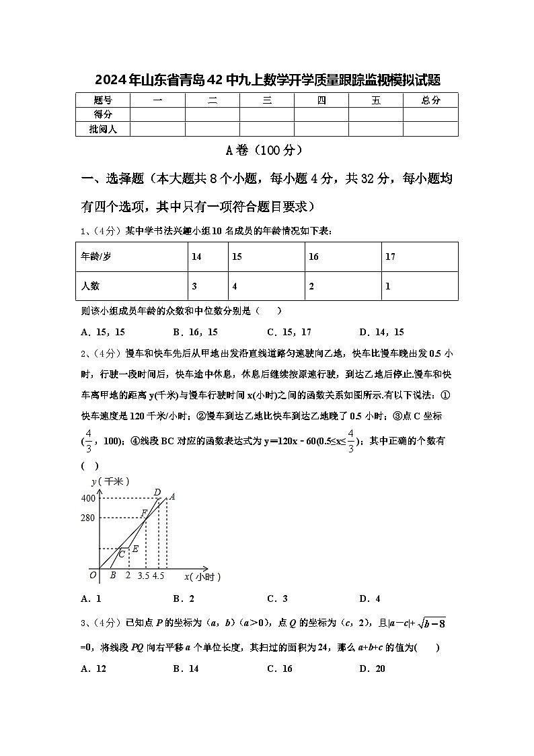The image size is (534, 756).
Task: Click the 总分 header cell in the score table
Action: [x=430, y=100]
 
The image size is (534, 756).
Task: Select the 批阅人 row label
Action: [x=103, y=129]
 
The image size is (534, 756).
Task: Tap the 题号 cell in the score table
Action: [x=103, y=100]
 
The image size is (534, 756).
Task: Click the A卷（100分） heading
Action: [x=267, y=150]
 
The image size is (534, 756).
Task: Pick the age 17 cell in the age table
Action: [x=390, y=256]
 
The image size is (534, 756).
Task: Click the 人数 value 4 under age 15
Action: [x=235, y=286]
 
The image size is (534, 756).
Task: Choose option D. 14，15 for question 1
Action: [x=381, y=332]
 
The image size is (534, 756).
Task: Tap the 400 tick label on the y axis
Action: [x=88, y=498]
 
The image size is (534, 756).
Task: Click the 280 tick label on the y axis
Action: [x=88, y=518]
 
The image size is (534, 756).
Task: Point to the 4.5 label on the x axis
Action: [x=159, y=576]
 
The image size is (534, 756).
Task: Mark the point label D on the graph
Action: [x=157, y=492]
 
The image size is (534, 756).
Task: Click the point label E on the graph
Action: [x=135, y=549]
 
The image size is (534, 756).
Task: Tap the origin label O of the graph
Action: [x=93, y=576]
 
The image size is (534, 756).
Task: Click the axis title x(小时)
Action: [x=202, y=576]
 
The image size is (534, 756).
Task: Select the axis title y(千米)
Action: [x=110, y=481]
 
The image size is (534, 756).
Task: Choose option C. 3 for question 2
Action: [x=277, y=598]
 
